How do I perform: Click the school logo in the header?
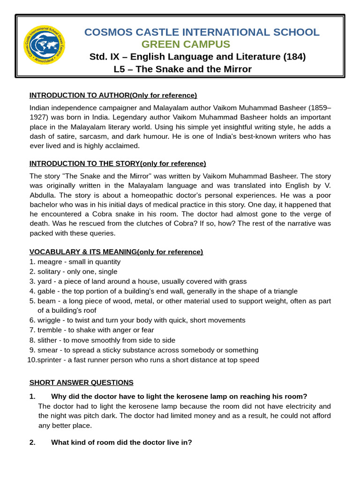point(44,45)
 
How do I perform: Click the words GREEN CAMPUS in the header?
point(186,45)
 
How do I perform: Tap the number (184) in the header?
point(294,57)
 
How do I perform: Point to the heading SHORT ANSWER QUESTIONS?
point(81,382)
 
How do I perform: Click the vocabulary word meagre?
point(49,262)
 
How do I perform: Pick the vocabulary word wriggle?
point(49,320)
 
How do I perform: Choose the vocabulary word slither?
point(48,340)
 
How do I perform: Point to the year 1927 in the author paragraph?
point(38,117)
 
